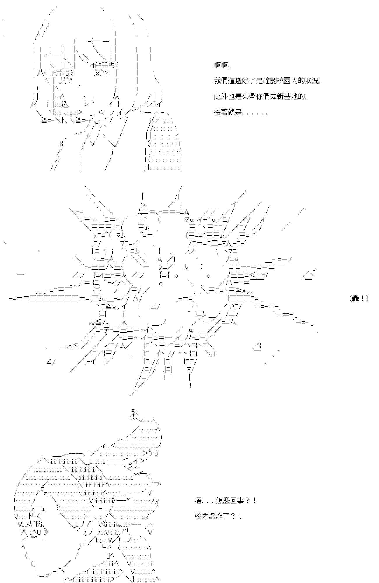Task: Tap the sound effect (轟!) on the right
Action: click(359, 298)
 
